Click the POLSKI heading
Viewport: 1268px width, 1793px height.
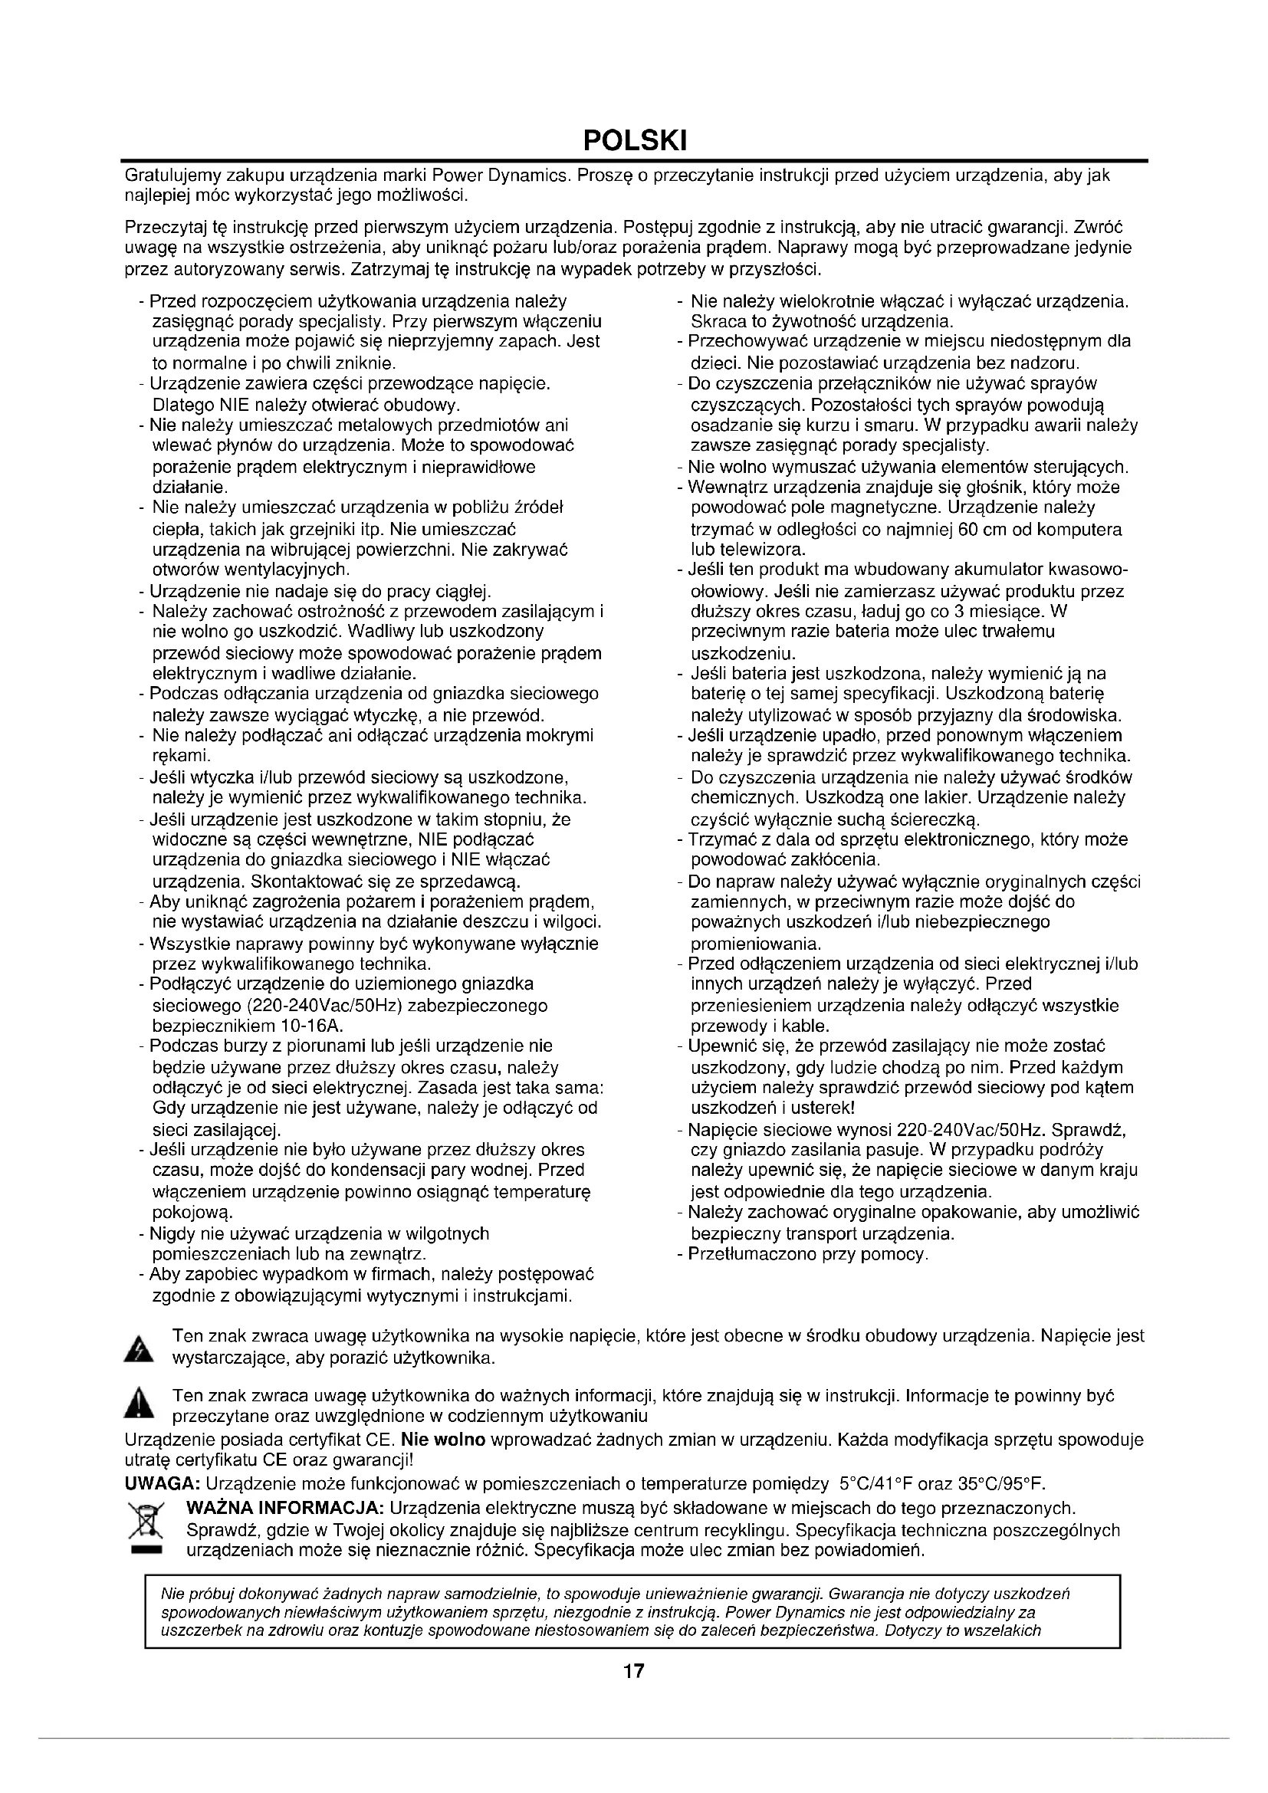click(634, 140)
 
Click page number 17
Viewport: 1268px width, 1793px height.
click(634, 1671)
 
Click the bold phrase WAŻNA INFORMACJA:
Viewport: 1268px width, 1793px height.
click(284, 1507)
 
